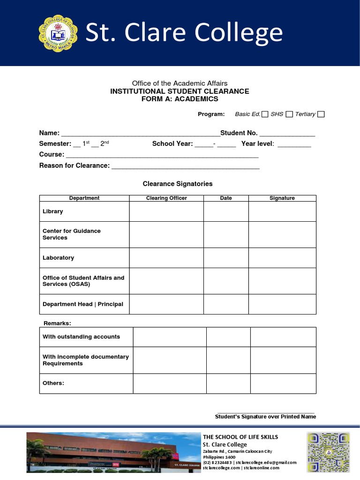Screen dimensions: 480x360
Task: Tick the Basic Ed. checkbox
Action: click(x=265, y=114)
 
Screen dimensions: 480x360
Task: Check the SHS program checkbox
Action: click(x=289, y=114)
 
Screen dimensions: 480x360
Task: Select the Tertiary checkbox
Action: click(x=321, y=114)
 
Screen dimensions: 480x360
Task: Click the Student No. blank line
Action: click(x=287, y=134)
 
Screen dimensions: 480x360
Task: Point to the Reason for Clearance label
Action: click(x=74, y=165)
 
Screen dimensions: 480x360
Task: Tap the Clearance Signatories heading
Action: click(x=178, y=184)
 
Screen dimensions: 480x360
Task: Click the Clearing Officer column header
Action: click(x=166, y=198)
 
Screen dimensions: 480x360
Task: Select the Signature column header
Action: click(x=282, y=198)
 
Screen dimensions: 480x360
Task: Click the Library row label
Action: click(x=53, y=211)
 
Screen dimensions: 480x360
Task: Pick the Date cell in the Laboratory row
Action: click(x=226, y=258)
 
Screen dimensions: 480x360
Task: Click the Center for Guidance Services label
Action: click(x=72, y=234)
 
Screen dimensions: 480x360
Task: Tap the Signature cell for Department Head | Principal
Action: click(x=282, y=304)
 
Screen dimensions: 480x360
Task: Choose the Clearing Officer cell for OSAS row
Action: click(x=166, y=281)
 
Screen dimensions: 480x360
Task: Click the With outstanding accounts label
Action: click(x=81, y=337)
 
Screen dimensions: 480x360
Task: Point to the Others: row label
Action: click(x=53, y=383)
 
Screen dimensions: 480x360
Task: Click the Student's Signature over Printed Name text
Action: click(x=265, y=417)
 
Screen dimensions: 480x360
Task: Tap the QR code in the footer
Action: click(x=328, y=452)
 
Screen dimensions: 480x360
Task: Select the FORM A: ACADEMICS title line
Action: click(x=180, y=99)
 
